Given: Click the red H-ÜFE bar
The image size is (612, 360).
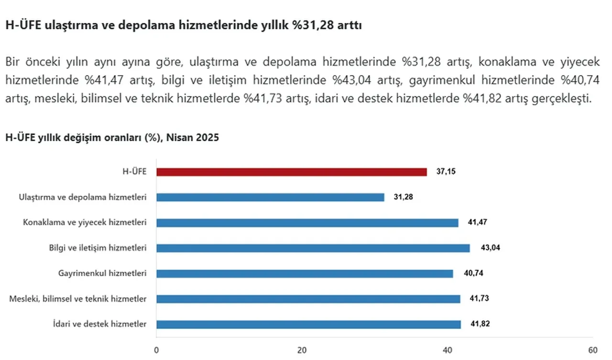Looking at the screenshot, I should click(291, 172).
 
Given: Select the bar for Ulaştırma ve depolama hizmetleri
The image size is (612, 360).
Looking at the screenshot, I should click(270, 197).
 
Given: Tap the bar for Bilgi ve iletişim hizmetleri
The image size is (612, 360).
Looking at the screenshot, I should click(313, 248).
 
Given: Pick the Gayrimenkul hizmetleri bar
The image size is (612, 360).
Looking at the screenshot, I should click(305, 273).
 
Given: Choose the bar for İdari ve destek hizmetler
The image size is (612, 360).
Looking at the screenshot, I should click(308, 324).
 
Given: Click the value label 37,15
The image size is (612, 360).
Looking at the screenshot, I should click(446, 172).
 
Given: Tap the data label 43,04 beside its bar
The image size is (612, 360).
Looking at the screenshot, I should click(489, 248).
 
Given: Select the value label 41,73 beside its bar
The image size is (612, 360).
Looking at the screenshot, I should click(479, 299).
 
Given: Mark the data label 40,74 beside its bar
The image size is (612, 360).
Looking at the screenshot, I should click(472, 273).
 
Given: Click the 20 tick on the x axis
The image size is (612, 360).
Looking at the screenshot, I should click(302, 350).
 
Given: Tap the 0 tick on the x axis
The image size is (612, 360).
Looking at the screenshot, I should click(156, 350).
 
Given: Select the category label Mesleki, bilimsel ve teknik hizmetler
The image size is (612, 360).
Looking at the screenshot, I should click(78, 299).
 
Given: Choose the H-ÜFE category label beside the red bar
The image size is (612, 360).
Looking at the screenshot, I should click(134, 172).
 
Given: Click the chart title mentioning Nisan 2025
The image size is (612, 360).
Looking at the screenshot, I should click(112, 138).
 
